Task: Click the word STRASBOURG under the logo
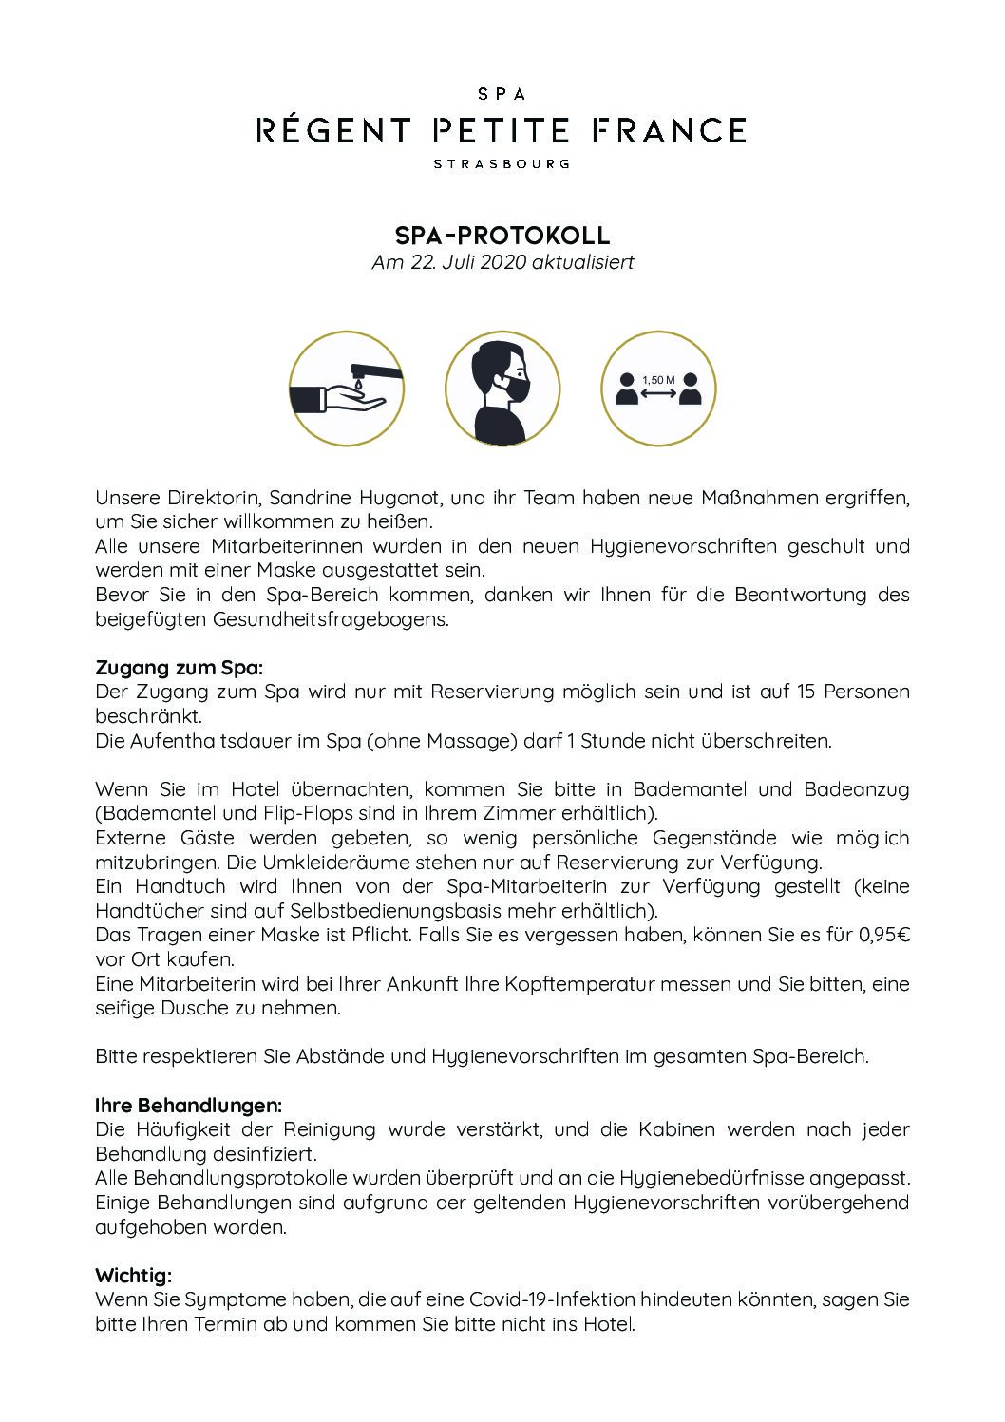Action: click(502, 163)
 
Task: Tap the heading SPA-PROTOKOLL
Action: click(502, 235)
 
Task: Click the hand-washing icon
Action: click(346, 389)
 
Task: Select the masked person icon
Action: click(502, 389)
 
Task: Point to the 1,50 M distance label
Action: click(658, 380)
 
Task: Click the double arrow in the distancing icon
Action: click(658, 392)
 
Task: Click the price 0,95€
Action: click(884, 935)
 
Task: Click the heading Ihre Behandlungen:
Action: click(188, 1106)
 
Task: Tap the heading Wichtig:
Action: click(133, 1275)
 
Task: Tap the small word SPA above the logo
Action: click(502, 94)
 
